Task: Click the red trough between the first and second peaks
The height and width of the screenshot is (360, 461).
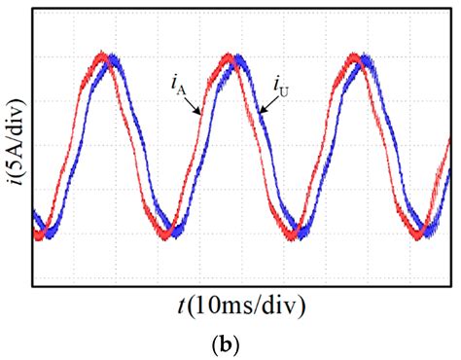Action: pyautogui.click(x=161, y=234)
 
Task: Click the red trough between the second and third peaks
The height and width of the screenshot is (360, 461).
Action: pyautogui.click(x=290, y=234)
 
